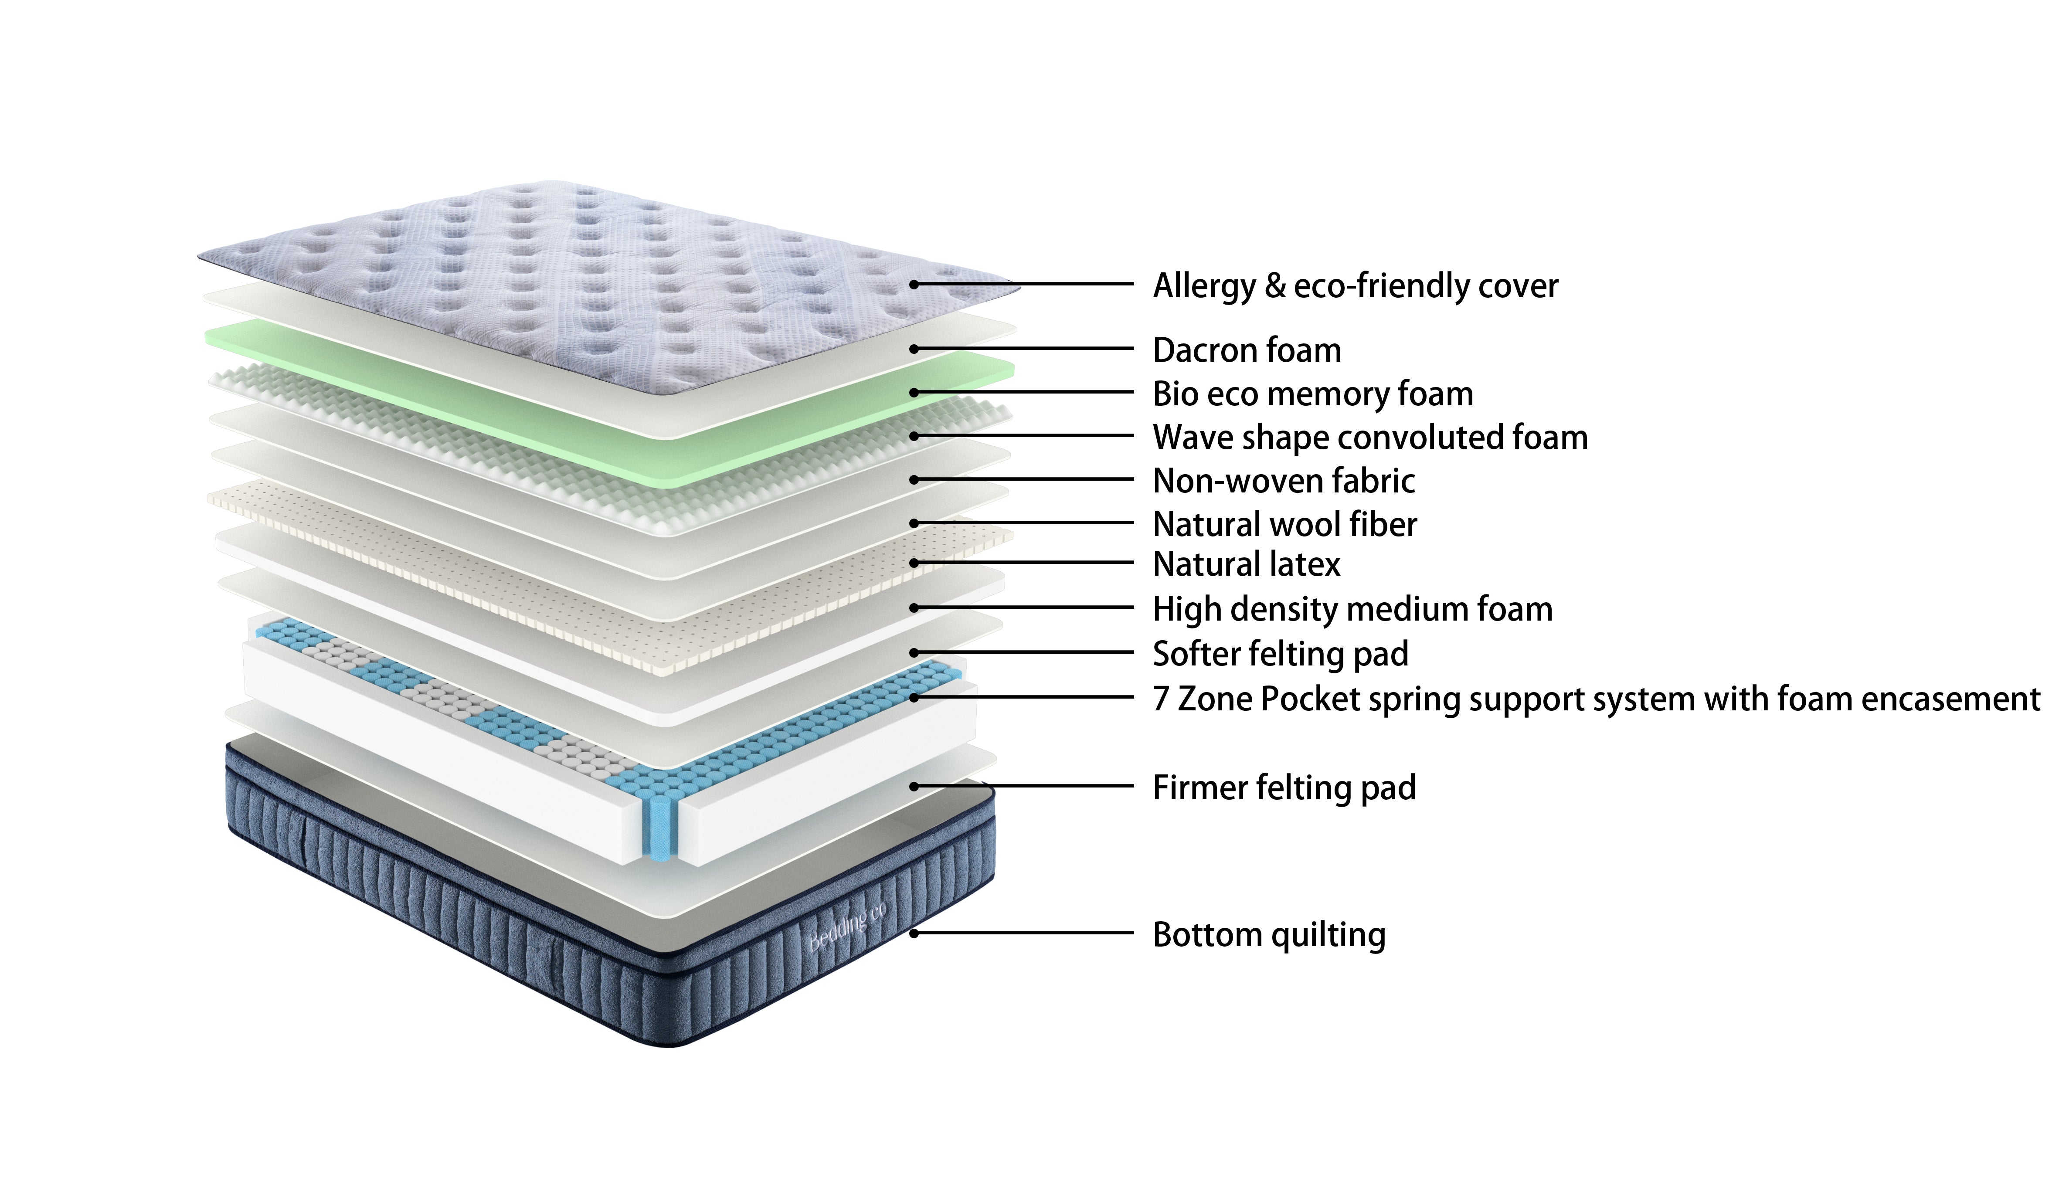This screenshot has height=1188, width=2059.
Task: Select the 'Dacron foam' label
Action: coord(1247,350)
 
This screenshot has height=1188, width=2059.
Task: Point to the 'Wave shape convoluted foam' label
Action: coord(1369,438)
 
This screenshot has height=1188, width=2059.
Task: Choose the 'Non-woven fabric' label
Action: coord(1283,481)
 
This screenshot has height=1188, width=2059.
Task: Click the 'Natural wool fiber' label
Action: coord(1285,524)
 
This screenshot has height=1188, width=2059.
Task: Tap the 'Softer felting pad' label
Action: coord(1280,654)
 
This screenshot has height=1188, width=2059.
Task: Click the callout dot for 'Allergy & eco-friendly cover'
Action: coord(914,285)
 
